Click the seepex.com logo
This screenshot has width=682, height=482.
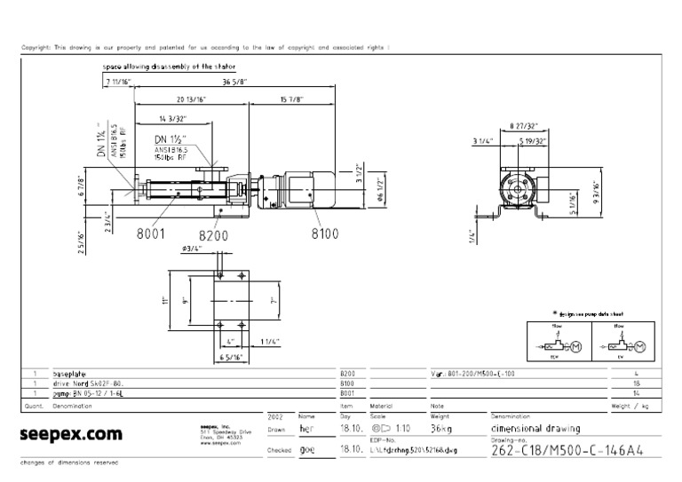(x=70, y=435)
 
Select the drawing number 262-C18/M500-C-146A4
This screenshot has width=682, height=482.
(x=562, y=449)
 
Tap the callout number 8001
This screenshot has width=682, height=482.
(x=152, y=234)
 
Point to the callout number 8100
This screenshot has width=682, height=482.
(x=325, y=234)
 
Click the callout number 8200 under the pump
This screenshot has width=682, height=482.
(x=214, y=235)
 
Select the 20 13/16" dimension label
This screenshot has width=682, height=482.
(x=192, y=99)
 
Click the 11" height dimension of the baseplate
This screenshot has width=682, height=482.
(x=165, y=300)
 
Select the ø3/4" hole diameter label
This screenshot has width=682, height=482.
(x=193, y=249)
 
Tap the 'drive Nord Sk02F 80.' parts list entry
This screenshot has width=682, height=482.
(x=86, y=383)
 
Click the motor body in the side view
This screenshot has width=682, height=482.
(x=301, y=190)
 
